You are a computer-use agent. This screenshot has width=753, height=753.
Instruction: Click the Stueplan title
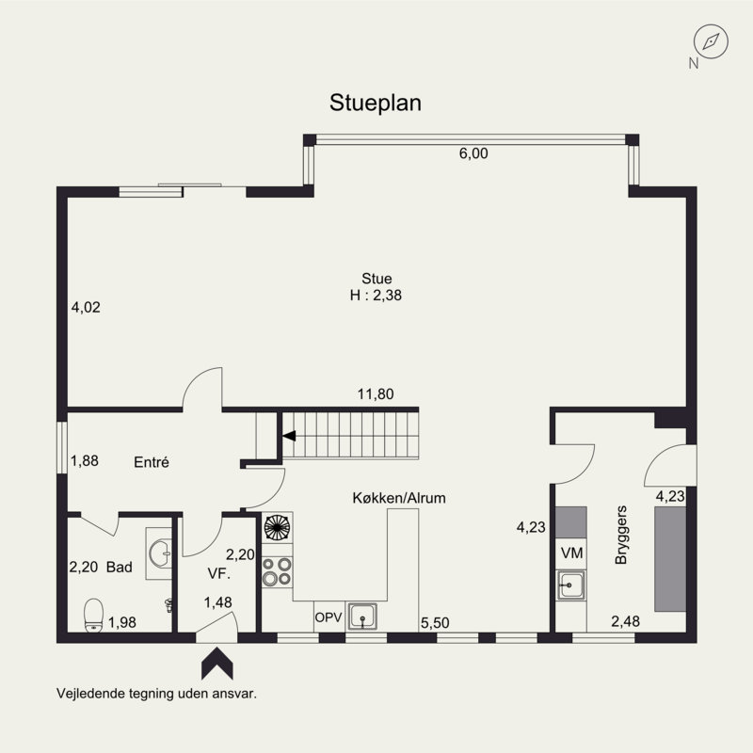tap(376, 103)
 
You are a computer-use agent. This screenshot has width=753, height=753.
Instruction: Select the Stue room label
tap(376, 279)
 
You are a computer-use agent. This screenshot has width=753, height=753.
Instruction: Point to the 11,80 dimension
tap(376, 394)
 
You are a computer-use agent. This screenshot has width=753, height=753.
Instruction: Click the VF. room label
tap(219, 570)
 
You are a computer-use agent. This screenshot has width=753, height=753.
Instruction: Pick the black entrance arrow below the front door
tap(218, 663)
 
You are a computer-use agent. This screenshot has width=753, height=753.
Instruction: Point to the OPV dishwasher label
tap(328, 617)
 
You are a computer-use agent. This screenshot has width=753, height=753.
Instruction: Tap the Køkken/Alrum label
tap(399, 498)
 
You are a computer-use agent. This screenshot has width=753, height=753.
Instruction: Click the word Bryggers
tap(620, 541)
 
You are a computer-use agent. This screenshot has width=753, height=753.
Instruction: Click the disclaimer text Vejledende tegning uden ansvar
tap(156, 693)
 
